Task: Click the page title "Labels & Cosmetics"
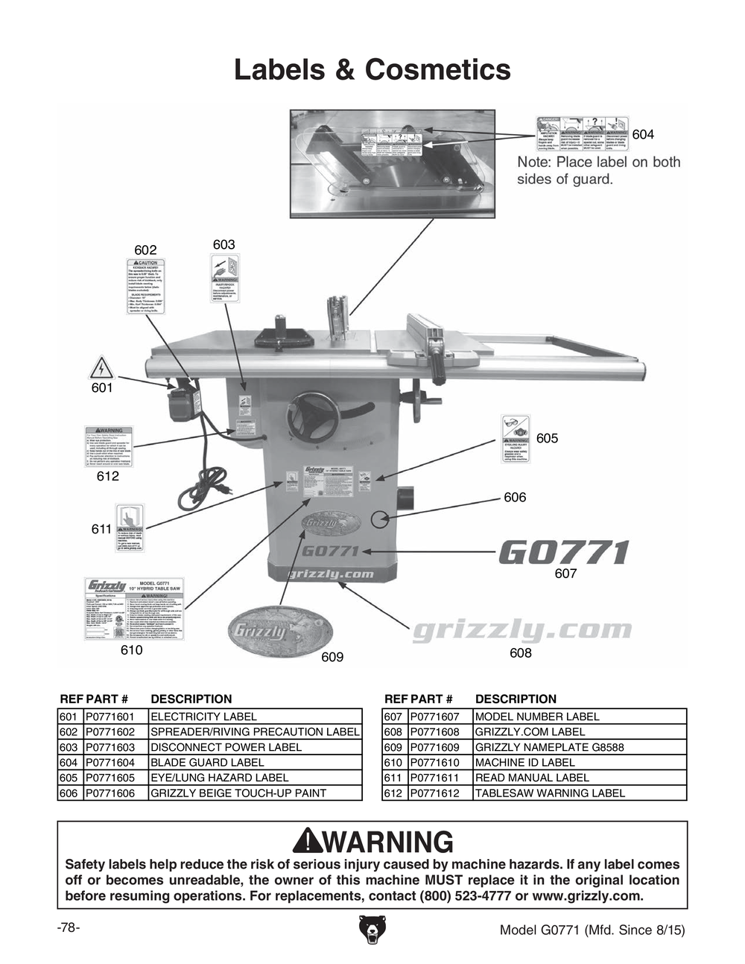point(372,70)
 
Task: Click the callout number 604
point(643,134)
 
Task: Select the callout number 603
point(223,244)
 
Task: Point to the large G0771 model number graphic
point(563,553)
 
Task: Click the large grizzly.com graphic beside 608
point(521,631)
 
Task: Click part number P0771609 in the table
point(435,747)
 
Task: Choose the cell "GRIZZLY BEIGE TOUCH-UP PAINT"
point(238,793)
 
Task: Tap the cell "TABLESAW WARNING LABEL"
point(550,793)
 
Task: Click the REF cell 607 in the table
point(393,717)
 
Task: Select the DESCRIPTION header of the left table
point(191,699)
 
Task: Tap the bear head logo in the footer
point(372,929)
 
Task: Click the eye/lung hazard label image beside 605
point(515,440)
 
